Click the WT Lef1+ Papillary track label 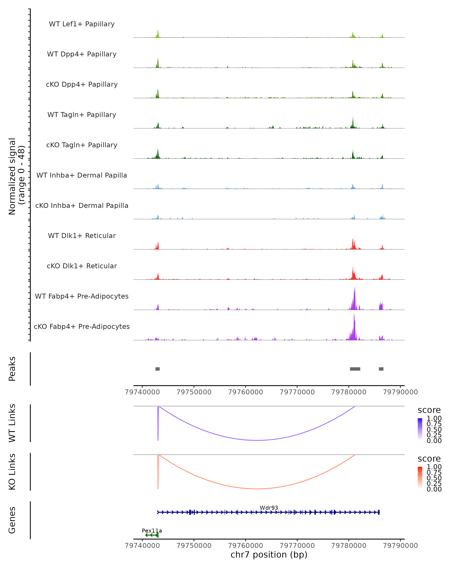(x=82, y=24)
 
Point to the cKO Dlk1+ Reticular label (x=82, y=266)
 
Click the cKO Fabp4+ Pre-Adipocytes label (x=82, y=326)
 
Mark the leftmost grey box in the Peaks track (x=158, y=369)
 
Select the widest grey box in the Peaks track (x=355, y=369)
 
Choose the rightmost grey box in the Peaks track (x=381, y=369)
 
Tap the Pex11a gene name (x=152, y=531)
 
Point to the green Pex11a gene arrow (x=152, y=535)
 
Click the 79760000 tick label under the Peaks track (x=246, y=392)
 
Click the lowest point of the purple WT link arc (x=257, y=440)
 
